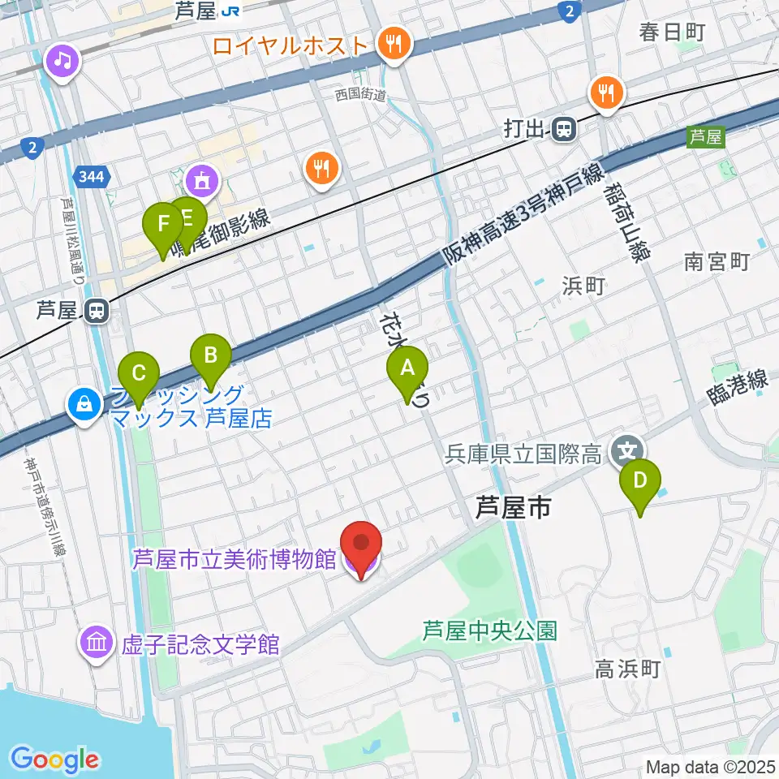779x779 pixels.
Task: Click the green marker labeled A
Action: pos(407,372)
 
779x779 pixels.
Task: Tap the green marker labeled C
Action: pos(139,376)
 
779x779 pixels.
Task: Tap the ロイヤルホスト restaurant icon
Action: pos(394,44)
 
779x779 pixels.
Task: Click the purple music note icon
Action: pos(63,59)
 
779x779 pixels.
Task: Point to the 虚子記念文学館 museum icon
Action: pos(97,644)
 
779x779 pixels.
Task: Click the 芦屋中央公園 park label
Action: pos(489,630)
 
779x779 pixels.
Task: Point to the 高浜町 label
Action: pos(629,669)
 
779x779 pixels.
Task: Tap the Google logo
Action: pos(54,760)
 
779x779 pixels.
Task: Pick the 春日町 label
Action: pos(672,32)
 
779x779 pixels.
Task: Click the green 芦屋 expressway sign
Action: pos(704,137)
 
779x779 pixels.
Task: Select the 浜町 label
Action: pos(583,285)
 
